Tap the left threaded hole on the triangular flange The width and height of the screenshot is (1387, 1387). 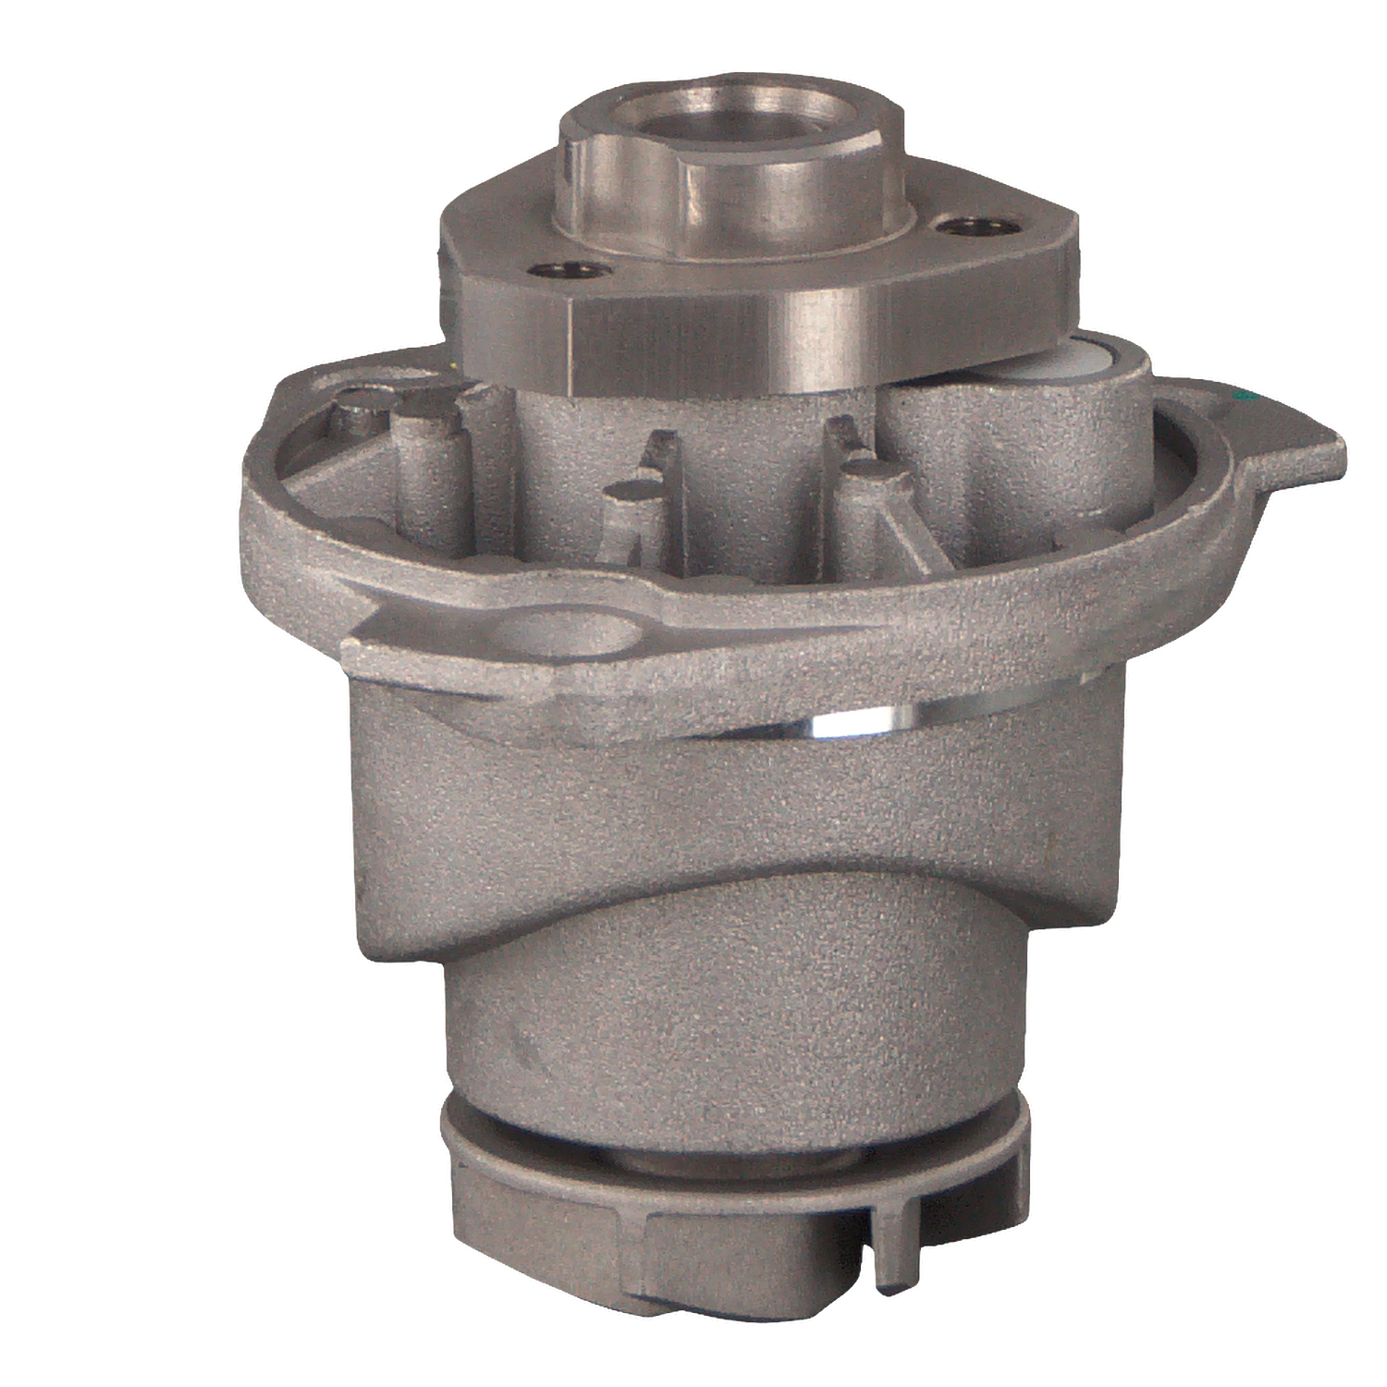[x=569, y=271]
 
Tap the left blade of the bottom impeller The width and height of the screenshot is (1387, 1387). [x=536, y=1230]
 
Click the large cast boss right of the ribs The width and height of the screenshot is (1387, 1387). [x=1017, y=462]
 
